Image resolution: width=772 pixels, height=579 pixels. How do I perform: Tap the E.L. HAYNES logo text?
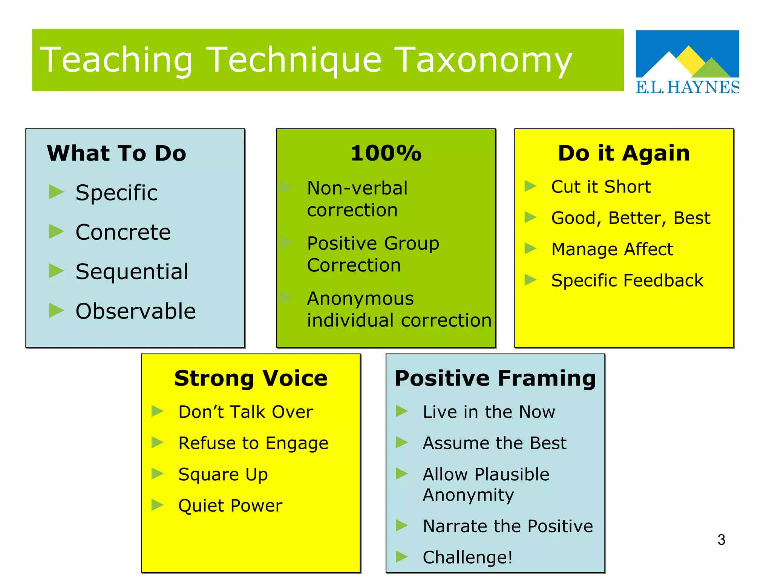[x=687, y=87]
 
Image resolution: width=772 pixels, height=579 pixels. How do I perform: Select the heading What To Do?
[x=116, y=153]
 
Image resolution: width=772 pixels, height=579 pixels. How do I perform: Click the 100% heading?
[x=386, y=153]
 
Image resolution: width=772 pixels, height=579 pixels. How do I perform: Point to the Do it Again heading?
[x=624, y=153]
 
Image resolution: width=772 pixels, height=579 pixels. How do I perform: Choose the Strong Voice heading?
[x=251, y=378]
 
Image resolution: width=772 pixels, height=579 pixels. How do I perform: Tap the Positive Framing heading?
[x=495, y=378]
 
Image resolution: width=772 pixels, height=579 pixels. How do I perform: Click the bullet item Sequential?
[x=132, y=271]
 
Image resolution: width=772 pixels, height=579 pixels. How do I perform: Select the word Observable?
[x=135, y=311]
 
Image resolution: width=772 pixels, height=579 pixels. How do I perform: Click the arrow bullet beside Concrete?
[x=57, y=231]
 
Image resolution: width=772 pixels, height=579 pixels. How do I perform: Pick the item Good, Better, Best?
[x=630, y=218]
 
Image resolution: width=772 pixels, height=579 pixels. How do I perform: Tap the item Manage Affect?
[x=612, y=249]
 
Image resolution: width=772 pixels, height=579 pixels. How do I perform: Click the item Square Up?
[x=223, y=474]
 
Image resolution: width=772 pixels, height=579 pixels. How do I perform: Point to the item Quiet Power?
[x=230, y=505]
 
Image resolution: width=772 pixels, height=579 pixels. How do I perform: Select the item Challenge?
[x=467, y=557]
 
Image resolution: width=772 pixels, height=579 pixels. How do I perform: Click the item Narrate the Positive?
[x=507, y=526]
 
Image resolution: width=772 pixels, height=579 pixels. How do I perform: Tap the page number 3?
[x=721, y=540]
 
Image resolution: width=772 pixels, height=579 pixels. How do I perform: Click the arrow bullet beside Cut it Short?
[x=530, y=186]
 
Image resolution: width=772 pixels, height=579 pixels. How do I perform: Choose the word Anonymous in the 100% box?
[x=360, y=299]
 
